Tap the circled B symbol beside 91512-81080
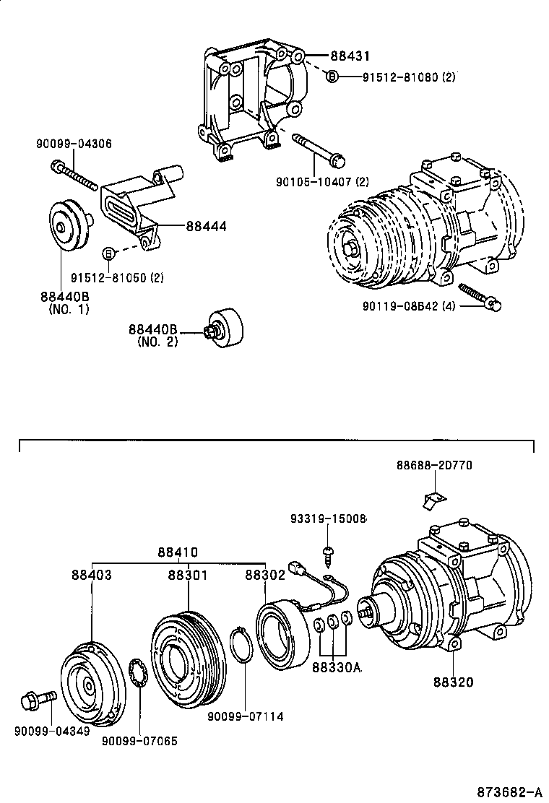click(332, 77)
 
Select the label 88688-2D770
click(433, 466)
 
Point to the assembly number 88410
click(178, 553)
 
